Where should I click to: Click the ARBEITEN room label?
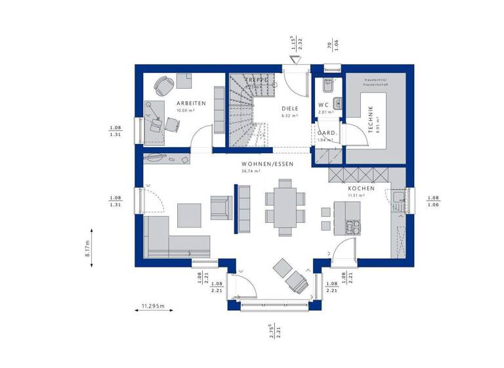(192, 103)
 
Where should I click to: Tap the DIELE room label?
(289, 108)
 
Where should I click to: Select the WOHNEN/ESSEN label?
(267, 164)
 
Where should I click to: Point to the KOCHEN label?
(361, 188)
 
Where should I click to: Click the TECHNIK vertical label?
(371, 120)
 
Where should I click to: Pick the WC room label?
(323, 105)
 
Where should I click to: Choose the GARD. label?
(327, 133)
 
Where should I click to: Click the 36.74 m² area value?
(251, 171)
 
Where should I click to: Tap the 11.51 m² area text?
(356, 195)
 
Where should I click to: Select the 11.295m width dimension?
(153, 306)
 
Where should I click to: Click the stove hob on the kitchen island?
(352, 227)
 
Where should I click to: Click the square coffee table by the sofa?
(190, 215)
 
